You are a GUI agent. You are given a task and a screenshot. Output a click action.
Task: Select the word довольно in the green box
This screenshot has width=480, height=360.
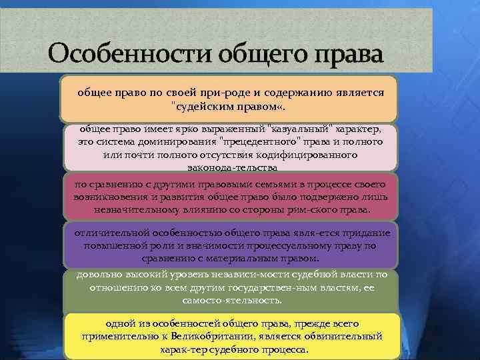click(x=98, y=274)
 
